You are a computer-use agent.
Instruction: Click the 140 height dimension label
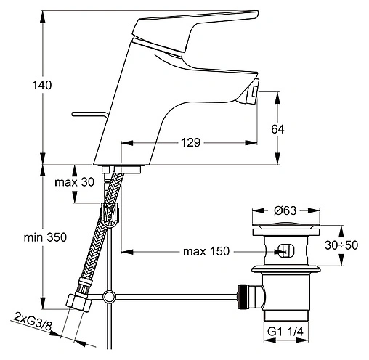pos(42,85)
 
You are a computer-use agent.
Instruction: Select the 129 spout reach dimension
pos(191,142)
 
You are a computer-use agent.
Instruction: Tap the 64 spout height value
pos(277,129)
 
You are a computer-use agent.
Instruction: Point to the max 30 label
pos(74,182)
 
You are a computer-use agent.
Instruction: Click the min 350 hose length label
pos(45,237)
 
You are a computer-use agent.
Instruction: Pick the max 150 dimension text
pos(206,252)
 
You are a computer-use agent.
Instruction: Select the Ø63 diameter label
pos(285,210)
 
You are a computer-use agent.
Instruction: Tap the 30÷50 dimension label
pos(341,245)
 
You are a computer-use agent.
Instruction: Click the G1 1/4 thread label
pos(285,332)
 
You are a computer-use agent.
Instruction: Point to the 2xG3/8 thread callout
pos(33,321)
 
